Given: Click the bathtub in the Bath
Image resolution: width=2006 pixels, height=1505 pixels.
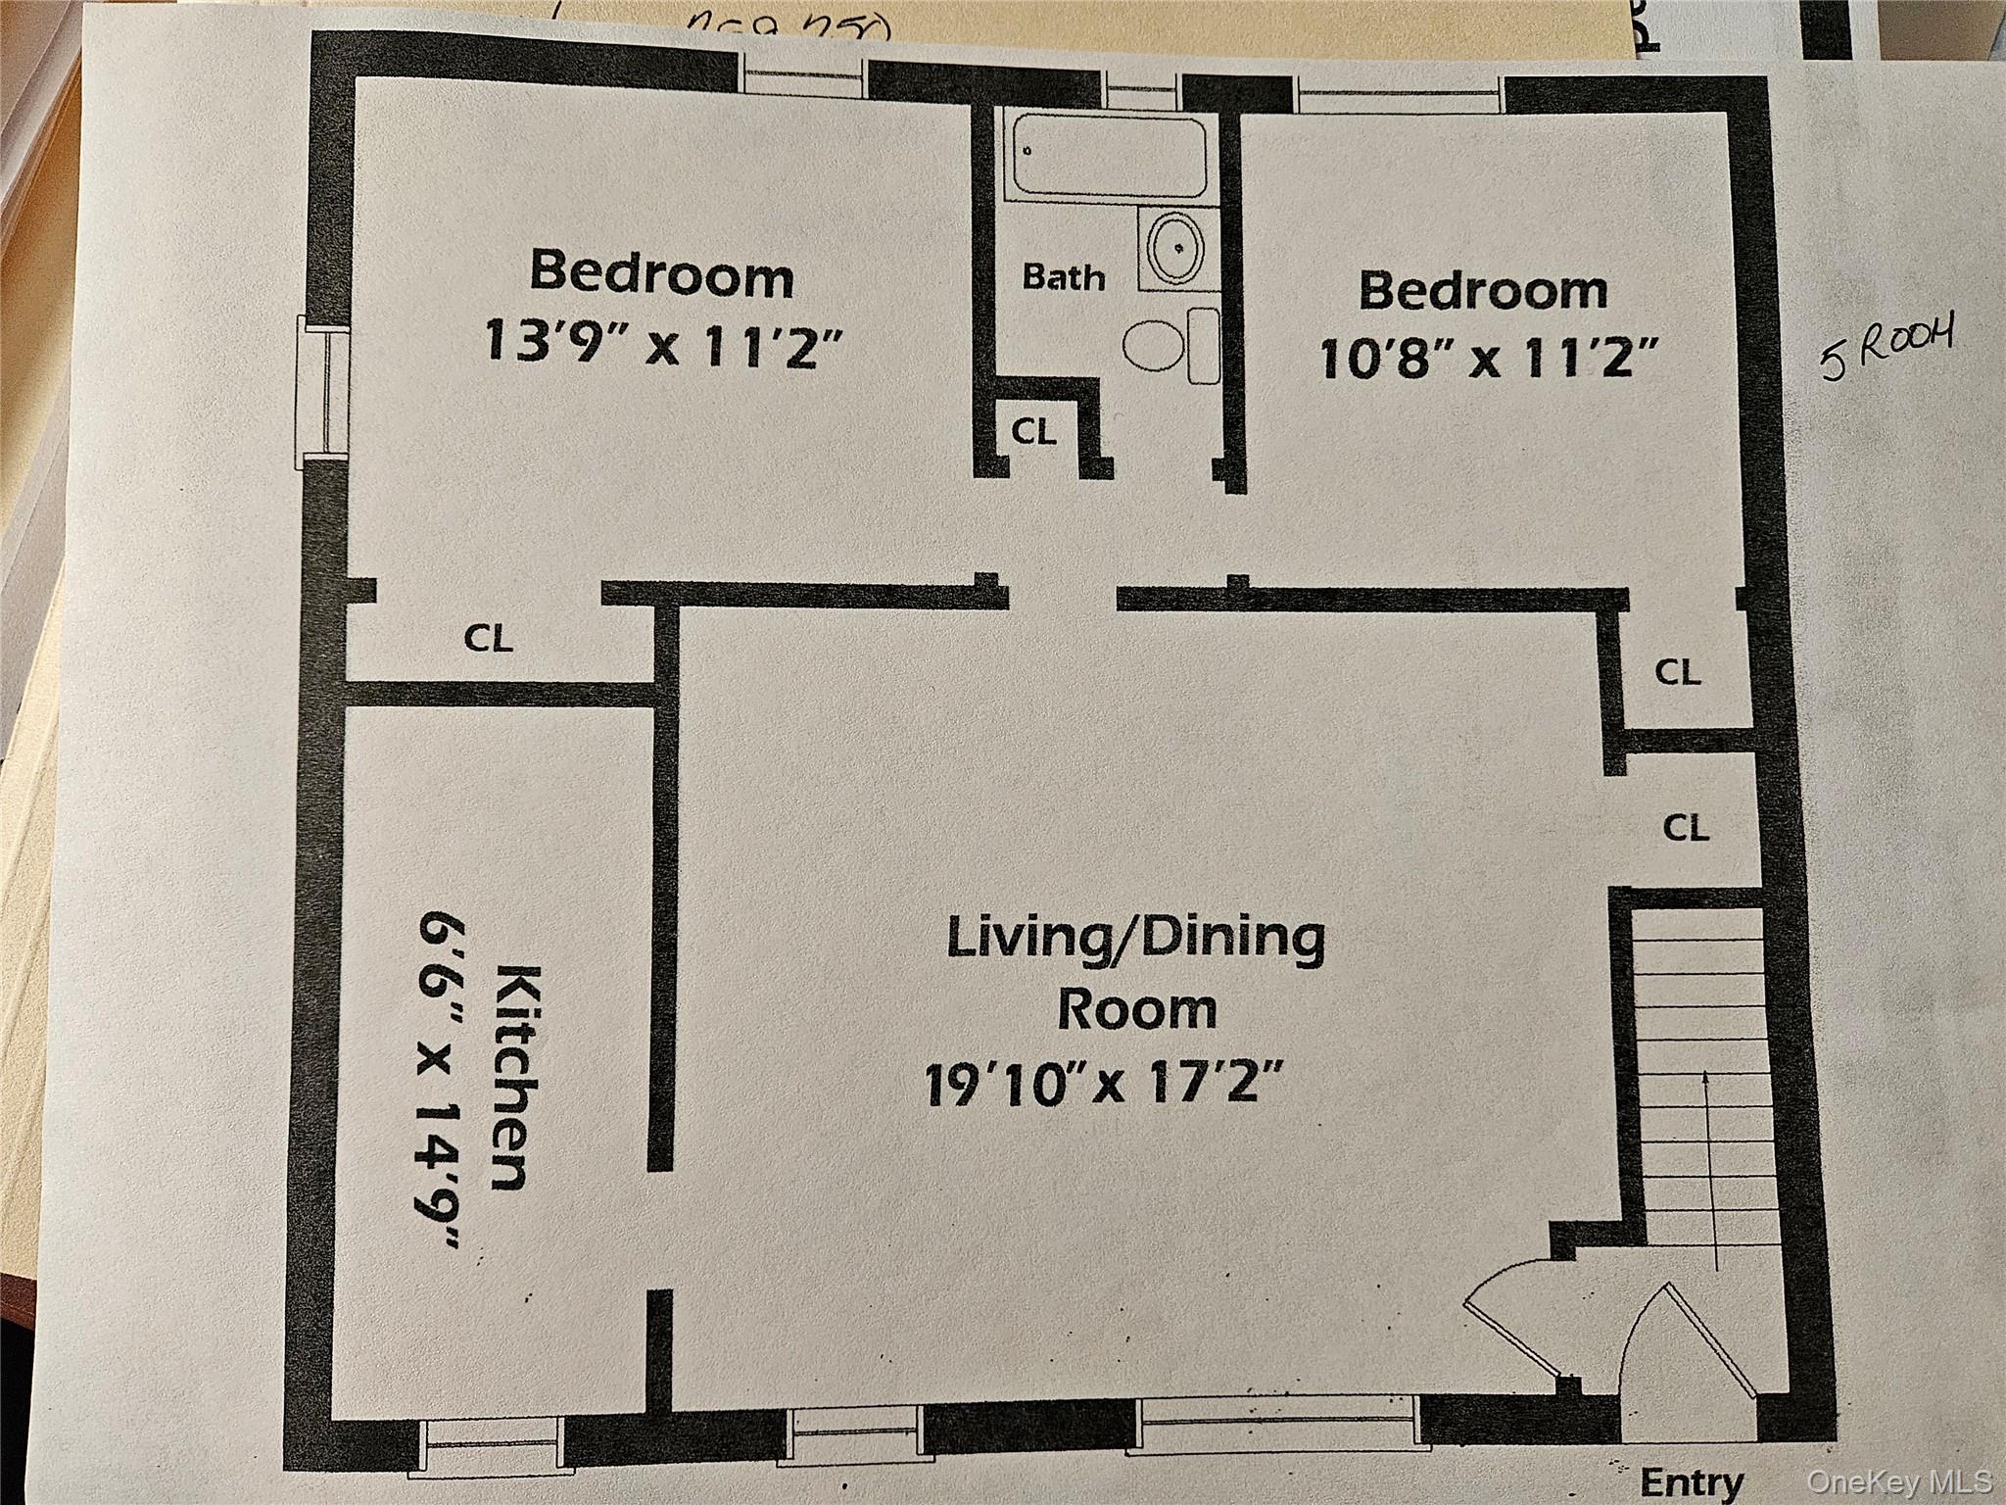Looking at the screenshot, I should [x=1107, y=157].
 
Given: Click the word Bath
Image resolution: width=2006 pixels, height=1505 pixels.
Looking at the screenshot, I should [x=1063, y=277].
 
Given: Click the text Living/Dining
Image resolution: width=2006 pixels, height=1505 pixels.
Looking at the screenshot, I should [x=1136, y=938].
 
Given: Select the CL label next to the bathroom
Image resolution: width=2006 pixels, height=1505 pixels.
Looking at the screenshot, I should [x=1034, y=432].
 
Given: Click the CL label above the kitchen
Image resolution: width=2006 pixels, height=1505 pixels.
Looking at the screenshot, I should [x=488, y=639].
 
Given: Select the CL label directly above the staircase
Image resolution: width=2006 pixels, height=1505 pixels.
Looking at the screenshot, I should [x=1686, y=827].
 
